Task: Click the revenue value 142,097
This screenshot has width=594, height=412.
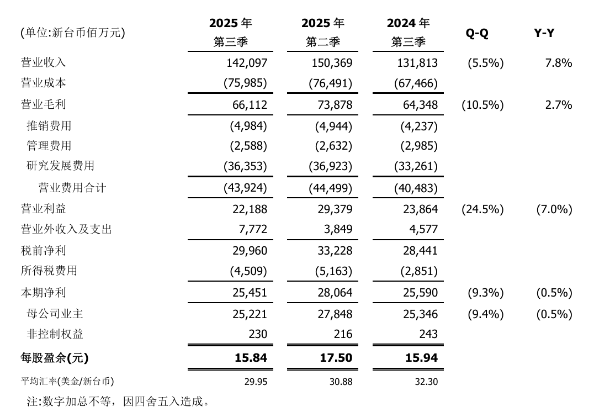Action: (x=247, y=63)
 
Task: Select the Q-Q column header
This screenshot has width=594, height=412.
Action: (x=477, y=33)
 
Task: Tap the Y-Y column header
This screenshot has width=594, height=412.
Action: (x=544, y=33)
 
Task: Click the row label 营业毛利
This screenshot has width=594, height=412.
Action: (x=44, y=104)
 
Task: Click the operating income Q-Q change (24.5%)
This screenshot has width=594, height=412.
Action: (x=482, y=209)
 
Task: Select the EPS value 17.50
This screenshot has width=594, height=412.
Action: (x=336, y=358)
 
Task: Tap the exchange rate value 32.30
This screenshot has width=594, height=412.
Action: (x=426, y=382)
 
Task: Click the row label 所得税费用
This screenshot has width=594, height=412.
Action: (x=49, y=271)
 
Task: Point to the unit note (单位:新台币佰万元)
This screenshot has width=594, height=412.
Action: (x=73, y=33)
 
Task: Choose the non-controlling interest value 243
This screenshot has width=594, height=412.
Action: (x=428, y=334)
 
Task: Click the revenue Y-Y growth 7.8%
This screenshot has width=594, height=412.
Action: (x=558, y=63)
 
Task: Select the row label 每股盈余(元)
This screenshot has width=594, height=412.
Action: (x=54, y=358)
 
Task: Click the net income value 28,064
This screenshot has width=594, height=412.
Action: (x=335, y=293)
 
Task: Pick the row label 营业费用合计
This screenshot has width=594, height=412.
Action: (x=72, y=188)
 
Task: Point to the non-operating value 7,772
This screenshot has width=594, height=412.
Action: (x=254, y=229)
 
